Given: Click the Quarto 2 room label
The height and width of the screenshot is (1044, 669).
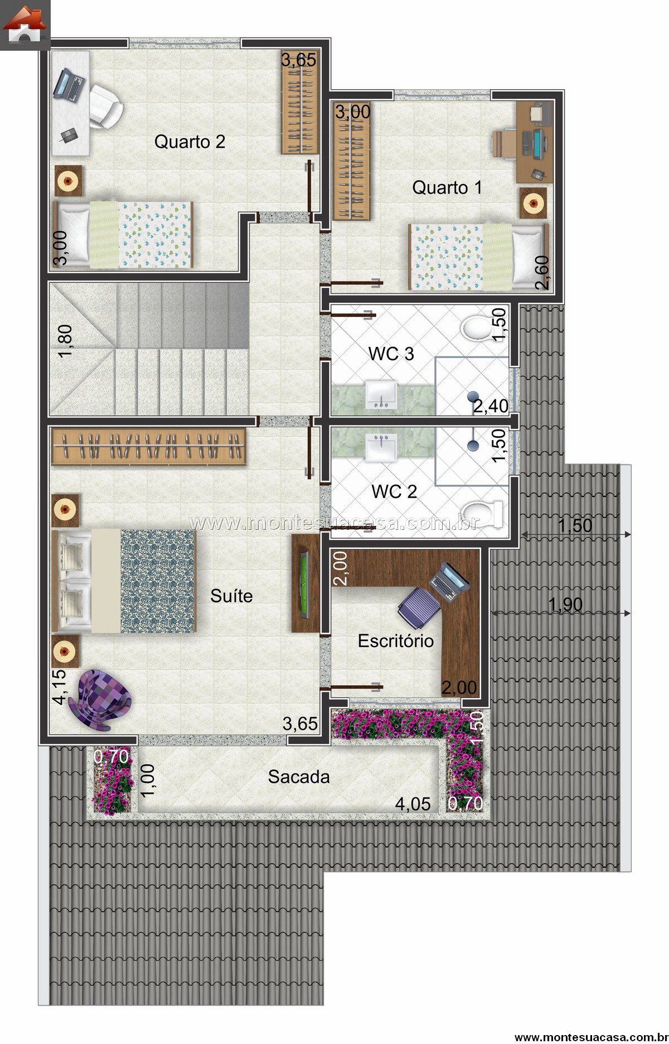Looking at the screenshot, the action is [x=190, y=142].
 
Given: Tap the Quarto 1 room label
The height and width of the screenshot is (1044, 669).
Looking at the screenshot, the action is [x=447, y=187].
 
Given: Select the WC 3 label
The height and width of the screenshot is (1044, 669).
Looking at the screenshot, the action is [x=391, y=354].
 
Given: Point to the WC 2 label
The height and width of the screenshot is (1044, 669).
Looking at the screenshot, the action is [x=394, y=491].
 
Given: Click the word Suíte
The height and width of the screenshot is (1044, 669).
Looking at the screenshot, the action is [x=231, y=596].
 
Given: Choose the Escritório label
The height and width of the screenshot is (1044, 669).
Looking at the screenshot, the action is [x=396, y=641].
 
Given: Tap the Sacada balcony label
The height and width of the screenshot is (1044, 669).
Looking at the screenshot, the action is [x=299, y=776].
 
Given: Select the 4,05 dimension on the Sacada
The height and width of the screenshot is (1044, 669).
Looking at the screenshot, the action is [x=413, y=804].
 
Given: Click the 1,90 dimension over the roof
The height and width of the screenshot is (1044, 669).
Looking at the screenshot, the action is [x=565, y=604].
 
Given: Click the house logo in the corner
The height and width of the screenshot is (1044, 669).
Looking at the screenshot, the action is [x=25, y=25].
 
